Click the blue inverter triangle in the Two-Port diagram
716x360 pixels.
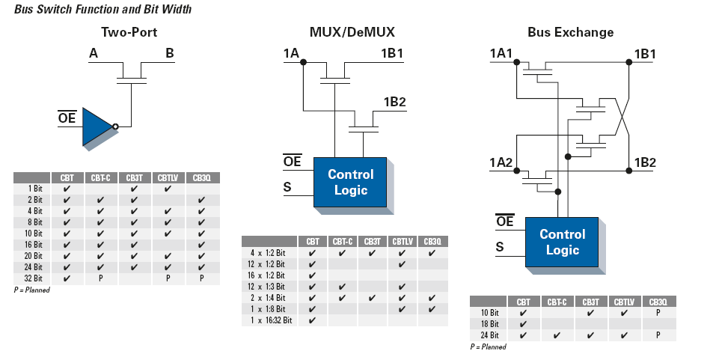point(96,126)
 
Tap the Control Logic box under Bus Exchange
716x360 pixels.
point(562,242)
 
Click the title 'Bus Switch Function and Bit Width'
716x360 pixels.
point(102,10)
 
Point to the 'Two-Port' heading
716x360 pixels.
point(129,32)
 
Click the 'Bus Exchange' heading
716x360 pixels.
point(570,32)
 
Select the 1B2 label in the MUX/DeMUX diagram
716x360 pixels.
point(394,103)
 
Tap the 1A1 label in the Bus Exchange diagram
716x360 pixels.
point(501,53)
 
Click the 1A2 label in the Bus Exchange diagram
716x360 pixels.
point(501,162)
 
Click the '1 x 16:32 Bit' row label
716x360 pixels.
point(271,320)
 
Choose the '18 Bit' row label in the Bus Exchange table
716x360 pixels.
point(489,324)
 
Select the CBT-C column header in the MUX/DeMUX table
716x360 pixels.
point(342,242)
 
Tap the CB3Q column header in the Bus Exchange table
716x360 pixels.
point(658,302)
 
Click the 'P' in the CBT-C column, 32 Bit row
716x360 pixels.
point(100,278)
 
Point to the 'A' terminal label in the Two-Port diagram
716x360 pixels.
point(94,53)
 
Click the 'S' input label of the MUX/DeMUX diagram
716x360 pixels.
point(287,187)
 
